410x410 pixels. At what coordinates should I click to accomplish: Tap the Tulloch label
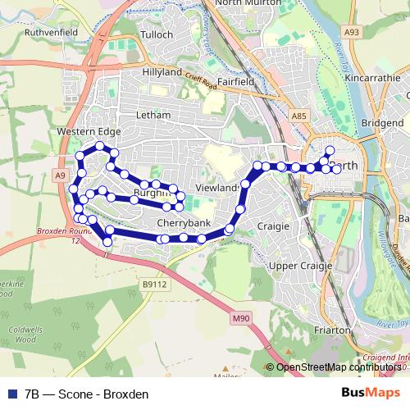click(157, 35)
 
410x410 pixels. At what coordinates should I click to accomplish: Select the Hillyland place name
click(162, 72)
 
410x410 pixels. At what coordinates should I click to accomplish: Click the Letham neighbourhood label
click(153, 115)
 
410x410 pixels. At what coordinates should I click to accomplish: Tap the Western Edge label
click(89, 131)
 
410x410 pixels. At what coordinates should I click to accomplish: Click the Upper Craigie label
click(300, 265)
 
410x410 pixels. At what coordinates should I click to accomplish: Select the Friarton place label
click(334, 331)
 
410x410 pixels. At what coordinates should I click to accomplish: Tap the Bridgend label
click(383, 122)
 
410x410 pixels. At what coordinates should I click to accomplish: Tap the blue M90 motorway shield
click(239, 317)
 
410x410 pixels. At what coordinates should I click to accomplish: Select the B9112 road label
click(153, 285)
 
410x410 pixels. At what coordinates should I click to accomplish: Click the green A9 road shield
click(61, 175)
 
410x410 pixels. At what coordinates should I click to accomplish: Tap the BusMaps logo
click(371, 392)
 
